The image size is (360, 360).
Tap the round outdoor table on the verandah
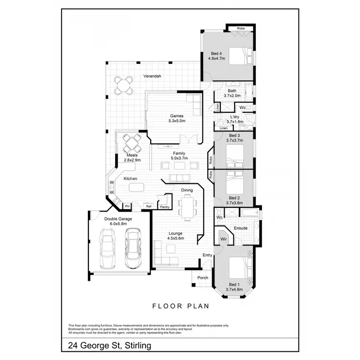[123, 85]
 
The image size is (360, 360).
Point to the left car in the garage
[108, 248]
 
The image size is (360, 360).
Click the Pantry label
[165, 207]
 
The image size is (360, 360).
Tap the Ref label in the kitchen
[149, 206]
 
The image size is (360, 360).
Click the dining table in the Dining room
[187, 207]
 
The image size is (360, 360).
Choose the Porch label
[203, 277]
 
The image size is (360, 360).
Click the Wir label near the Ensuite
[223, 239]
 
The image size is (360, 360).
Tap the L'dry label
[235, 117]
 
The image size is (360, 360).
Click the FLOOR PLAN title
[180, 305]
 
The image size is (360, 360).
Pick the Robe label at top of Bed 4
[240, 28]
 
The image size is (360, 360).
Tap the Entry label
[207, 255]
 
